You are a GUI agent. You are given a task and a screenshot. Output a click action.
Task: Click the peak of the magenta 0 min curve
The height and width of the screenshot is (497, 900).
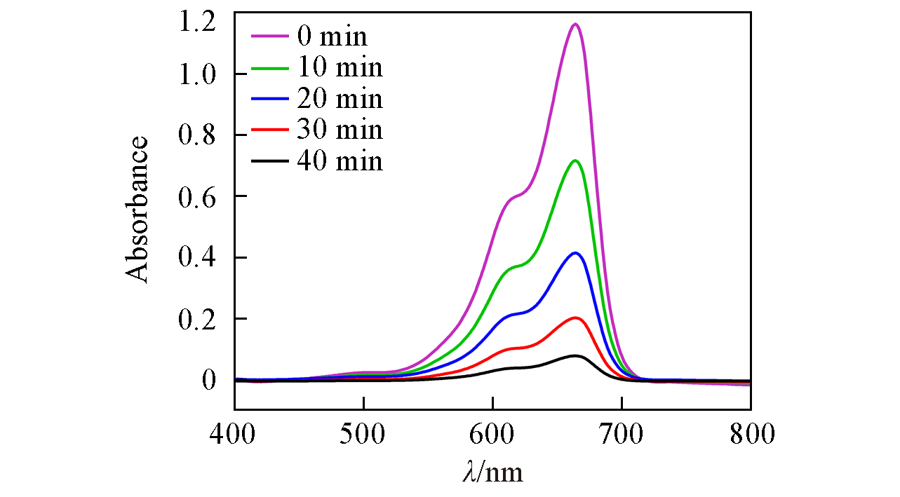[x=575, y=25]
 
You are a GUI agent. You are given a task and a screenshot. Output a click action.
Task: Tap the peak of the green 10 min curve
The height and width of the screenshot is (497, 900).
[x=575, y=161]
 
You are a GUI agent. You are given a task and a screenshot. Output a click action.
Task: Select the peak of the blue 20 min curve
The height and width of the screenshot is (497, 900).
[x=575, y=253]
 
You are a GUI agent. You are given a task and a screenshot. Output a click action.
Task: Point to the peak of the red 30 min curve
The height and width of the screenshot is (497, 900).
[x=575, y=318]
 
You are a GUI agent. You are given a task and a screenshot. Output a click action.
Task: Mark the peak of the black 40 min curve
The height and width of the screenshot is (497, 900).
[x=575, y=356]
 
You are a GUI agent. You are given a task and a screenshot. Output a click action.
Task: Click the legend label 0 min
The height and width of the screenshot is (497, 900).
[x=332, y=36]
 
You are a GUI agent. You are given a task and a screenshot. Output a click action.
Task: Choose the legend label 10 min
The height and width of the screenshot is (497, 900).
[x=340, y=67]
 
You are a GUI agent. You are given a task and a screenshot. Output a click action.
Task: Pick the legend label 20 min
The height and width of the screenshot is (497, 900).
[x=340, y=98]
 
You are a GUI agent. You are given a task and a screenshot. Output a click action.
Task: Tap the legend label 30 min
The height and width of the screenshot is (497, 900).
[x=340, y=130]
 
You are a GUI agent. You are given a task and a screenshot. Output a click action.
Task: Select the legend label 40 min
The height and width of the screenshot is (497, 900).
[x=340, y=161]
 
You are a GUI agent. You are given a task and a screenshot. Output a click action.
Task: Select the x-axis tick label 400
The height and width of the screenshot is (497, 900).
[x=234, y=434]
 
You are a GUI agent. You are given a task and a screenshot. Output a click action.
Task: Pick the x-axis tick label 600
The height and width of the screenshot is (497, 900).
[x=492, y=434]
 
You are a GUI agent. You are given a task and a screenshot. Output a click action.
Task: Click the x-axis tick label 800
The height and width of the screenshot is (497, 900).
[x=751, y=434]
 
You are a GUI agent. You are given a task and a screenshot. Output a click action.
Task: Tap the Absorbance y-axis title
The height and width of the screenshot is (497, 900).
[x=138, y=210]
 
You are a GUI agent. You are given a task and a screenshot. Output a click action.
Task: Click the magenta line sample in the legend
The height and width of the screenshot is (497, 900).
[x=269, y=36]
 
